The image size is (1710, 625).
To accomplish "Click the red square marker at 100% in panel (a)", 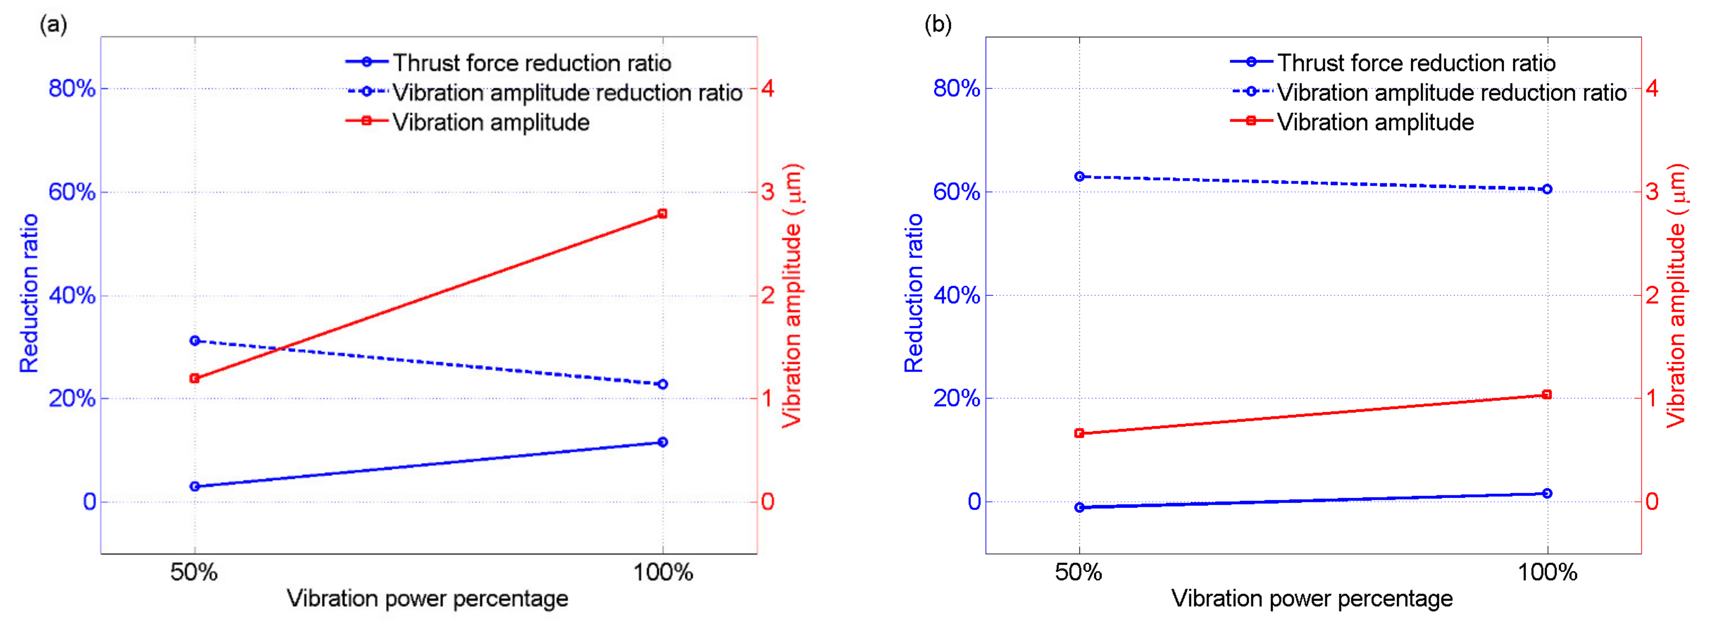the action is [662, 214].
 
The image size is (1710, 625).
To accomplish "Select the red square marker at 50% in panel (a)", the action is [194, 378].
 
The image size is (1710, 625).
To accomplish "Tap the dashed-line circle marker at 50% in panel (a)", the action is [194, 340].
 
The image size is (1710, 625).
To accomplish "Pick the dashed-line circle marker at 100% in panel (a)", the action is [662, 384].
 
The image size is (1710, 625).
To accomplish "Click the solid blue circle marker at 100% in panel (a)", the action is [662, 442].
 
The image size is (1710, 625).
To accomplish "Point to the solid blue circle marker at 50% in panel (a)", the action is [194, 487].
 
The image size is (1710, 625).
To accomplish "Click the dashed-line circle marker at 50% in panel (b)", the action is [1079, 177].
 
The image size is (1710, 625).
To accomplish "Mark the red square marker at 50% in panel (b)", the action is [1079, 433].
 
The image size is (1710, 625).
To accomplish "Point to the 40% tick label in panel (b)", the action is [957, 295].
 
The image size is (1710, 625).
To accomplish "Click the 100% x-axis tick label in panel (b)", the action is [1548, 572].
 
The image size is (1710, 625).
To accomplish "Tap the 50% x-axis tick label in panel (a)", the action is [194, 572].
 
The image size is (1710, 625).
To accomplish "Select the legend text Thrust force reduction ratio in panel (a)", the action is [532, 63].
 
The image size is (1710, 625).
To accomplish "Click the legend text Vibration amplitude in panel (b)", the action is [1376, 122].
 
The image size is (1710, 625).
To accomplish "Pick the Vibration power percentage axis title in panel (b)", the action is [1312, 599].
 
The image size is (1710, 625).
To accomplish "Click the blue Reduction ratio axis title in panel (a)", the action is [29, 293].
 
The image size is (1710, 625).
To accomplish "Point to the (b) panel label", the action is [938, 24].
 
